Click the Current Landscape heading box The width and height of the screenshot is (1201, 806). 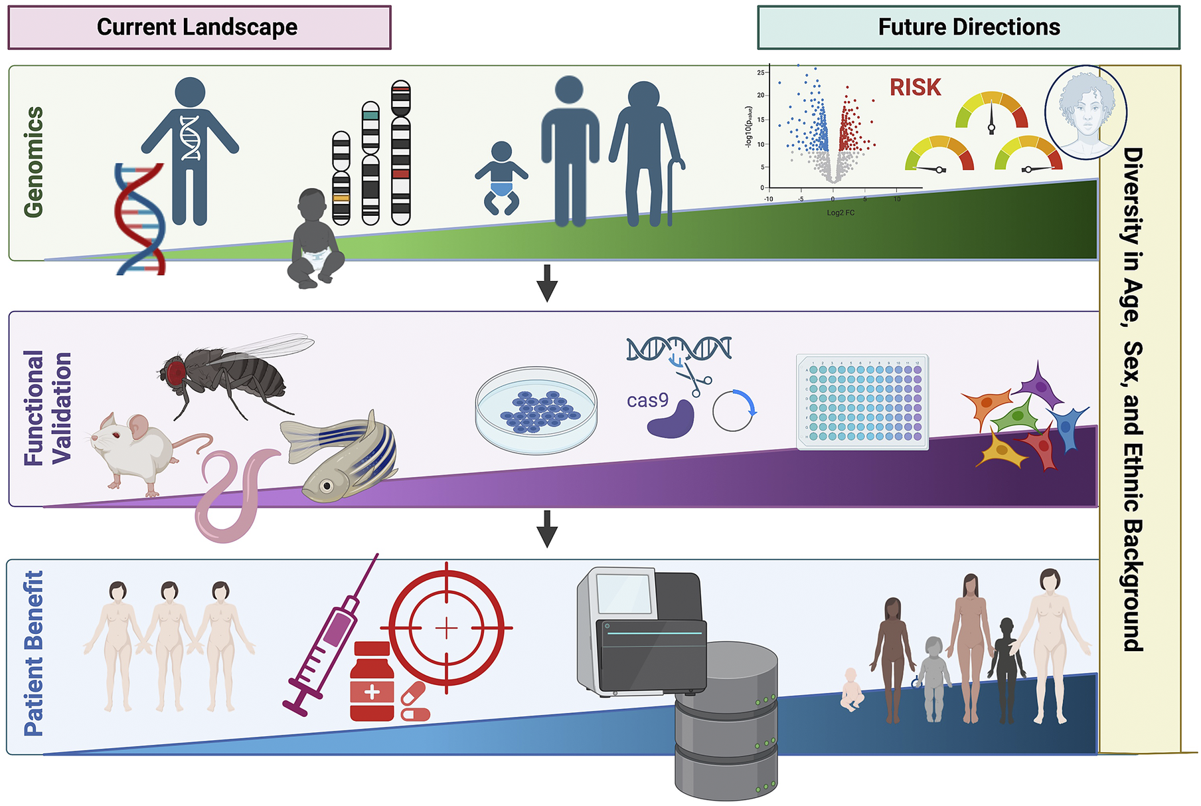click(x=199, y=27)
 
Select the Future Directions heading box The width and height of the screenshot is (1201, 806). click(x=969, y=27)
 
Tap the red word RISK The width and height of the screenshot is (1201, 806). click(x=915, y=87)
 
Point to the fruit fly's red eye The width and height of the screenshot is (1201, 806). click(x=175, y=371)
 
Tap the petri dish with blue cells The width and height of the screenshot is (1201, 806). click(x=536, y=410)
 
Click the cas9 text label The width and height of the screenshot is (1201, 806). click(x=647, y=401)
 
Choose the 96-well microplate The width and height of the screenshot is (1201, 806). click(x=862, y=402)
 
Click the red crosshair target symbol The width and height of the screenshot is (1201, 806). click(x=447, y=627)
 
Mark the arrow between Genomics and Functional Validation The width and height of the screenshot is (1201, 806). click(x=547, y=282)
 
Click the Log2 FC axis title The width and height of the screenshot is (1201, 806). click(x=841, y=213)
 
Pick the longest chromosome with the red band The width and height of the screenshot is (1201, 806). click(x=401, y=153)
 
